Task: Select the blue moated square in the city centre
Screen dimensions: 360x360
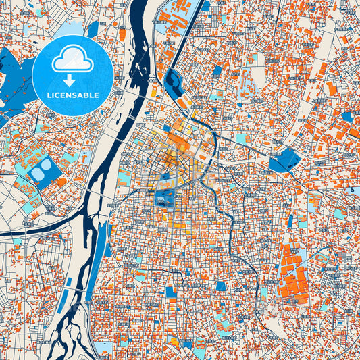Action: tap(164, 199)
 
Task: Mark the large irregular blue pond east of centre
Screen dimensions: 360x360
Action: tap(284, 160)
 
